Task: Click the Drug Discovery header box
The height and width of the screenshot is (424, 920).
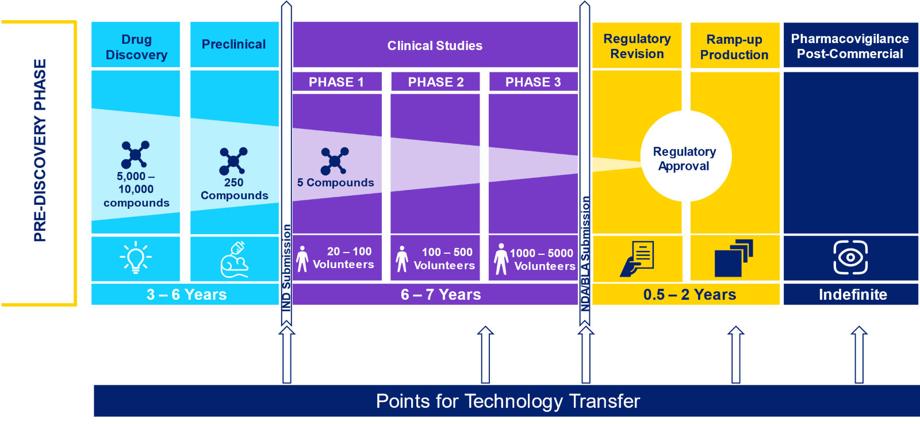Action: point(136,47)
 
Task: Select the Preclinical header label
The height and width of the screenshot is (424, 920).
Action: point(233,44)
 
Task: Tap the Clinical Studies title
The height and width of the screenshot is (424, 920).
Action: point(435,45)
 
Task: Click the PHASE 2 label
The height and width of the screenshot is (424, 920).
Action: point(435,82)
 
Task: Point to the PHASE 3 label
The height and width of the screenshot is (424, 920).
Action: point(533,82)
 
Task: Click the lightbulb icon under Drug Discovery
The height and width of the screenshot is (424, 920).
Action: point(136,257)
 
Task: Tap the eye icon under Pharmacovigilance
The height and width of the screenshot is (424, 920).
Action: point(850,257)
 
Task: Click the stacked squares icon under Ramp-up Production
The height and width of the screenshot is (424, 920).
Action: point(734,258)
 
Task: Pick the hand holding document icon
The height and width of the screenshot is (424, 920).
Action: point(637,259)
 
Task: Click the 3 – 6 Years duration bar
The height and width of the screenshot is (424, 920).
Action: point(186,295)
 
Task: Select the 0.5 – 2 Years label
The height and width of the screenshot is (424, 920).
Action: point(689,295)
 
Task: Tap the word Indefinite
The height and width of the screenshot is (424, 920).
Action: point(852,295)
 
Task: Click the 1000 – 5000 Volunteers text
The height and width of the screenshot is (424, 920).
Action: point(542,259)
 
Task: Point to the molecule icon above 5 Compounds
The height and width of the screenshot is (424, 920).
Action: point(335,161)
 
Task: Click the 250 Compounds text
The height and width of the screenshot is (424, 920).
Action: point(234,189)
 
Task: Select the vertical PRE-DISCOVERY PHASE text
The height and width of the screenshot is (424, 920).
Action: point(40,150)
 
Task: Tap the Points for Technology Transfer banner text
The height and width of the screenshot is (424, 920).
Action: point(507,401)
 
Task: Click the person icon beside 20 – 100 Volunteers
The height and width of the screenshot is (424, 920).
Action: point(302,259)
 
